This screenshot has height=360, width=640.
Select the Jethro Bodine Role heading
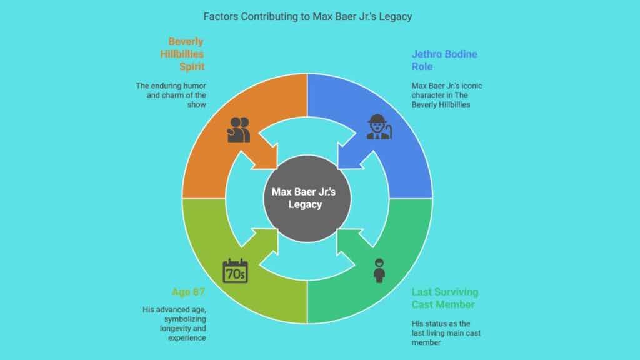click(444, 60)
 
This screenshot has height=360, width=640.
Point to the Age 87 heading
click(189, 291)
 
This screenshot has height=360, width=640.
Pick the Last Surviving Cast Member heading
click(445, 298)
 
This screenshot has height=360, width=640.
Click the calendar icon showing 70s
click(235, 271)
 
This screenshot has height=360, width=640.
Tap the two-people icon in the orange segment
click(239, 129)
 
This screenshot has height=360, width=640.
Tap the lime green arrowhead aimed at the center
click(266, 239)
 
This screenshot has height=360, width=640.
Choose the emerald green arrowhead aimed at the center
click(346, 239)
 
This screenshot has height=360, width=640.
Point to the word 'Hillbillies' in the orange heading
click(182, 54)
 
